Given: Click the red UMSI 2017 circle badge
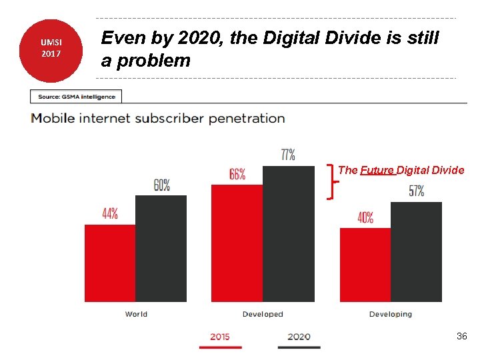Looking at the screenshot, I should click(51, 49).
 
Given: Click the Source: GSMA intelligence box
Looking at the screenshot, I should click(77, 97).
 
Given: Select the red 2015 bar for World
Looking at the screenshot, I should click(110, 263).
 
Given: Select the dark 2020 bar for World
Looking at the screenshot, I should click(161, 248).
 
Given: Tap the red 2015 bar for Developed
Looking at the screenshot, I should click(237, 243).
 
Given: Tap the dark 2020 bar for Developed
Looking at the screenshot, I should click(288, 233).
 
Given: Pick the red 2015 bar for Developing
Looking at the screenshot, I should click(365, 265).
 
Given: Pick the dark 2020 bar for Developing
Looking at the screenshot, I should click(416, 251).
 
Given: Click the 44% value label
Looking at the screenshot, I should click(110, 214).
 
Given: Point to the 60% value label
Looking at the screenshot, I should click(162, 185).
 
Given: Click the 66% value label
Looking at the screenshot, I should click(237, 174).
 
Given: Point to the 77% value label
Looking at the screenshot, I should click(288, 155).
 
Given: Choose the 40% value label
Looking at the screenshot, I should click(365, 217).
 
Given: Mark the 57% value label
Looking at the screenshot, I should click(416, 191).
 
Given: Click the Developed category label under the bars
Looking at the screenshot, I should click(263, 314).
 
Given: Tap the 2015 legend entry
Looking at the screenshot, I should click(220, 337).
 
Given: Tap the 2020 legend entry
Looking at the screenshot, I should click(299, 337).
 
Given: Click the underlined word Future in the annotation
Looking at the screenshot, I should click(377, 170).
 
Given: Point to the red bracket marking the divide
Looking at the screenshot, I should click(331, 181).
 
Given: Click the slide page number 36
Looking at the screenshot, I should click(461, 337).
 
